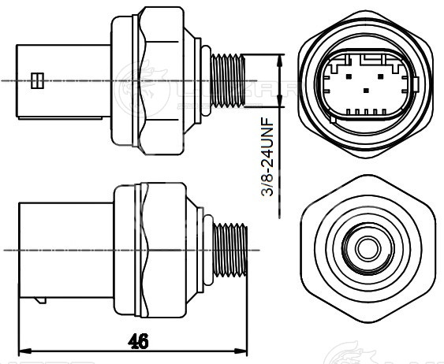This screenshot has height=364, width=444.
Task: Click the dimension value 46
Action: pyautogui.click(x=138, y=340)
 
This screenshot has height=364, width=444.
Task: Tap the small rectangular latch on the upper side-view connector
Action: pyautogui.click(x=35, y=80)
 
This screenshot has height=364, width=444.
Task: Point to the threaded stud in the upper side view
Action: pyautogui.click(x=231, y=80)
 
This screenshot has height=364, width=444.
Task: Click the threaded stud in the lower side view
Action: pyautogui.click(x=233, y=249)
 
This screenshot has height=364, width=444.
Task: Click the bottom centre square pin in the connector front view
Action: pyautogui.click(x=364, y=91)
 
